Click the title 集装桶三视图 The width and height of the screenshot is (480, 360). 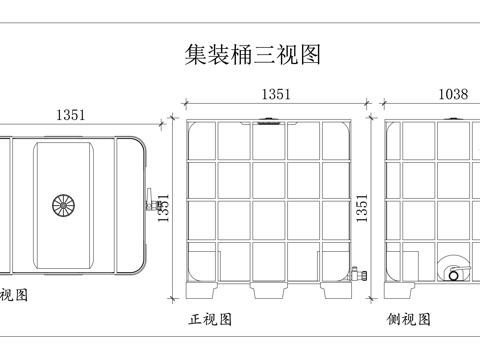[x=254, y=53]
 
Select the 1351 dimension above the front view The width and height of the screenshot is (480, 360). [x=275, y=95]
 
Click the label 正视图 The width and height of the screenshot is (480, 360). [x=211, y=320]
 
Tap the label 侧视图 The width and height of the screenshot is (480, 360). [x=409, y=320]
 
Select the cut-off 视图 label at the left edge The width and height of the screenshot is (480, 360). [x=13, y=295]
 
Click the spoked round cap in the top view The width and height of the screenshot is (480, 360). [x=63, y=205]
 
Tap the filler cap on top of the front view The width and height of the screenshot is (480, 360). [x=268, y=124]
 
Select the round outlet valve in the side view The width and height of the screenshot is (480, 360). [x=455, y=273]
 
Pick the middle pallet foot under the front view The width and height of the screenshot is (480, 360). [x=269, y=291]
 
